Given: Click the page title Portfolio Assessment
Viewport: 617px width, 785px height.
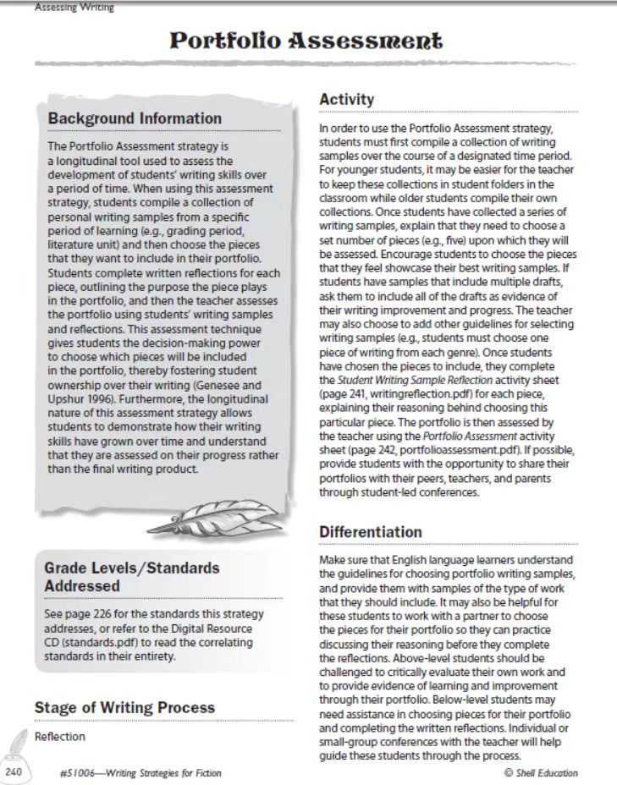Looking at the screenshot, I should click(306, 41).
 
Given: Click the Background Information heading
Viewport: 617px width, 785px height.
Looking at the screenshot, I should click(135, 119).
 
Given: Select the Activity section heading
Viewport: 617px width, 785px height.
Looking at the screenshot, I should click(346, 100).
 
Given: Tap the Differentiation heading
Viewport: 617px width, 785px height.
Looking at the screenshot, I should click(370, 531).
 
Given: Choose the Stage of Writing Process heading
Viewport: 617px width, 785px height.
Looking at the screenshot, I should click(124, 707).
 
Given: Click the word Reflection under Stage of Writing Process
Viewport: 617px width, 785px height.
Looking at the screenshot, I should click(59, 736).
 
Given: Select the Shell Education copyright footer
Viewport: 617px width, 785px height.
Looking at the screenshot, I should click(541, 773).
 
